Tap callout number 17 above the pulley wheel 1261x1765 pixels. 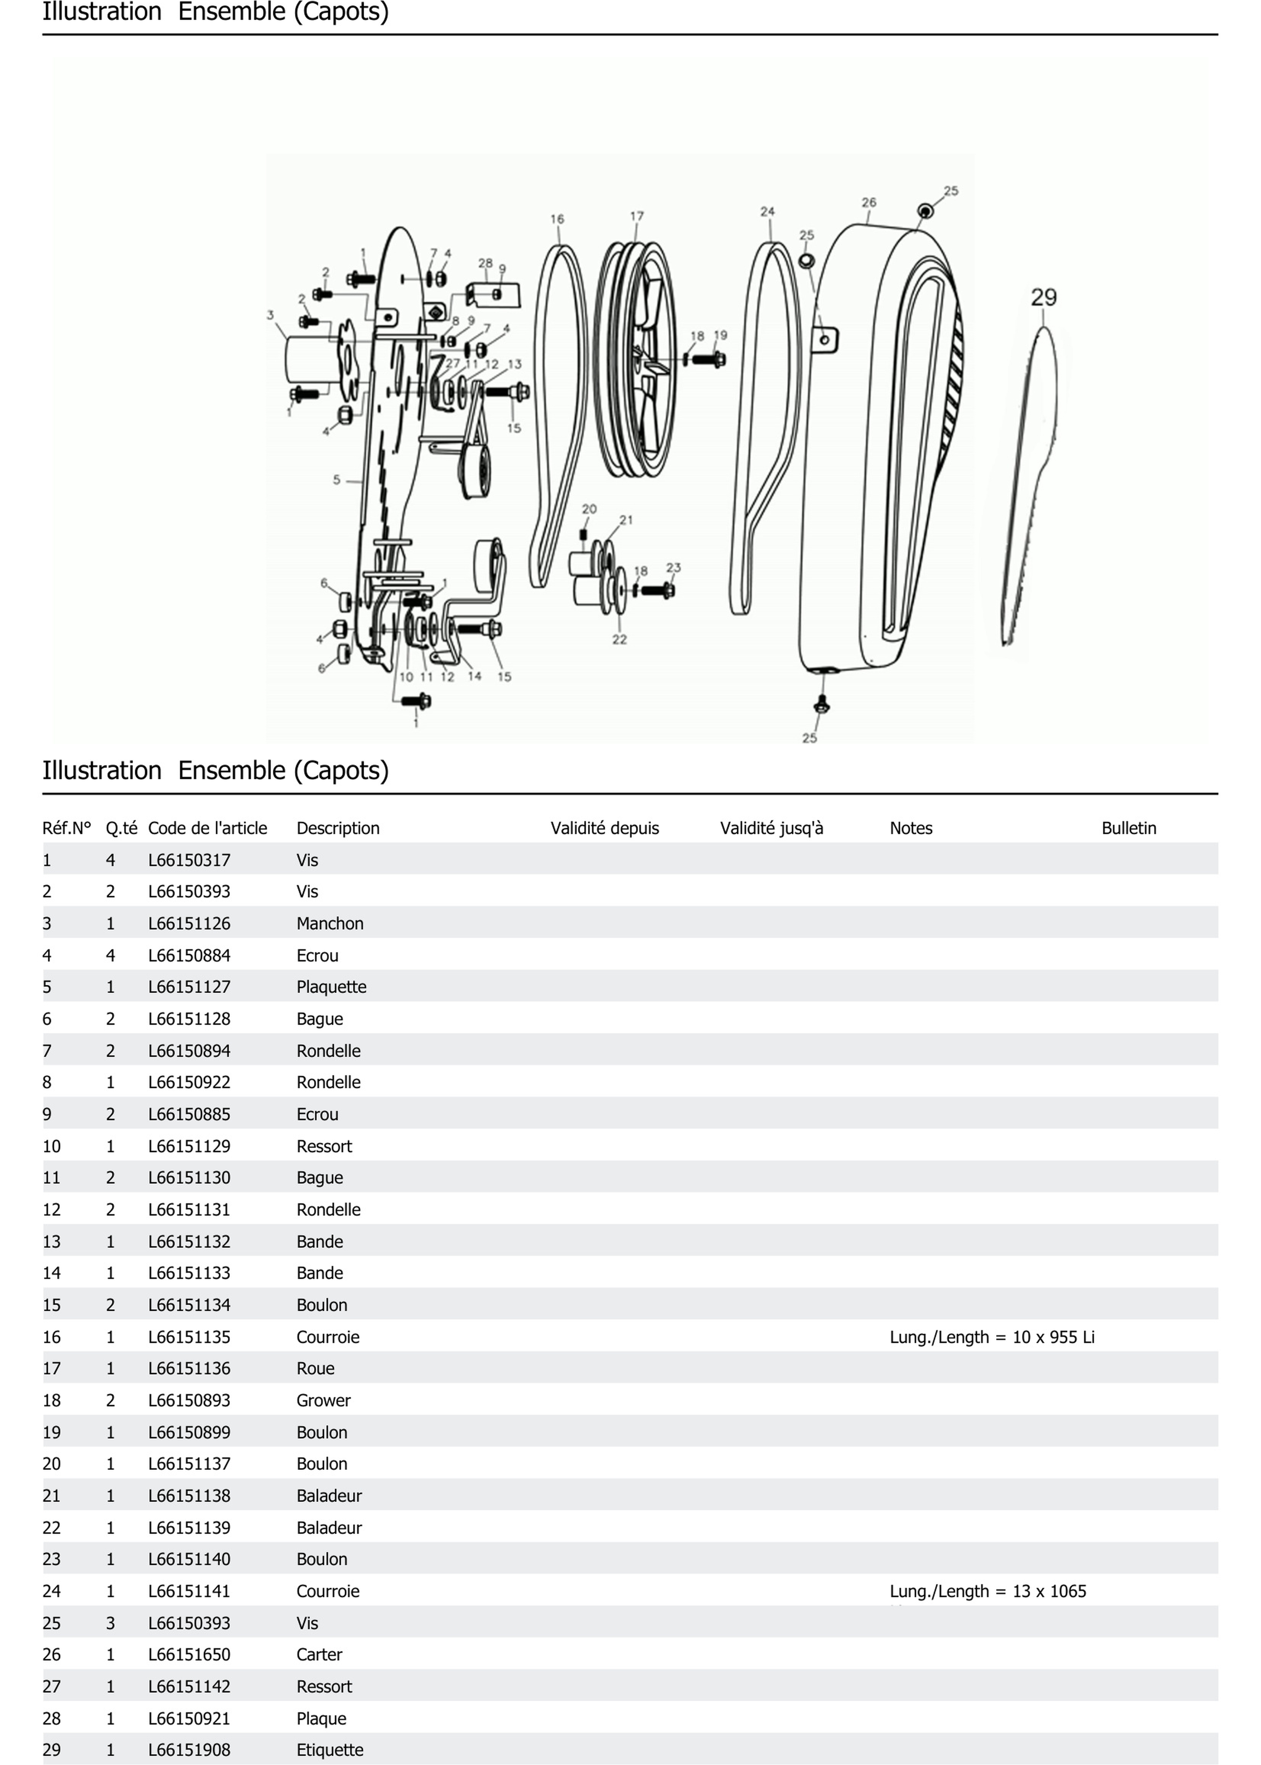(x=637, y=216)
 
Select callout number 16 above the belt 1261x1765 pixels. (x=557, y=219)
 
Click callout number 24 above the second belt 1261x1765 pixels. (x=767, y=211)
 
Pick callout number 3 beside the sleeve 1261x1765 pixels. (x=270, y=315)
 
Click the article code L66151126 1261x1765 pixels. (x=190, y=923)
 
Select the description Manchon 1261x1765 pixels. (x=330, y=923)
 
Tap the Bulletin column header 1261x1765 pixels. (x=1128, y=828)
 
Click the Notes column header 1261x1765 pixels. (x=911, y=828)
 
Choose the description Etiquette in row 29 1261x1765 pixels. (x=330, y=1749)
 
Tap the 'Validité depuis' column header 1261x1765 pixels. (x=604, y=828)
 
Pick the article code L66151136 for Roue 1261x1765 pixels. (x=190, y=1368)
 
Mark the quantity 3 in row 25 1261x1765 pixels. (x=110, y=1623)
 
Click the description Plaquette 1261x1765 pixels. (x=331, y=987)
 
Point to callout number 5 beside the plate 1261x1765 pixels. (x=336, y=480)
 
